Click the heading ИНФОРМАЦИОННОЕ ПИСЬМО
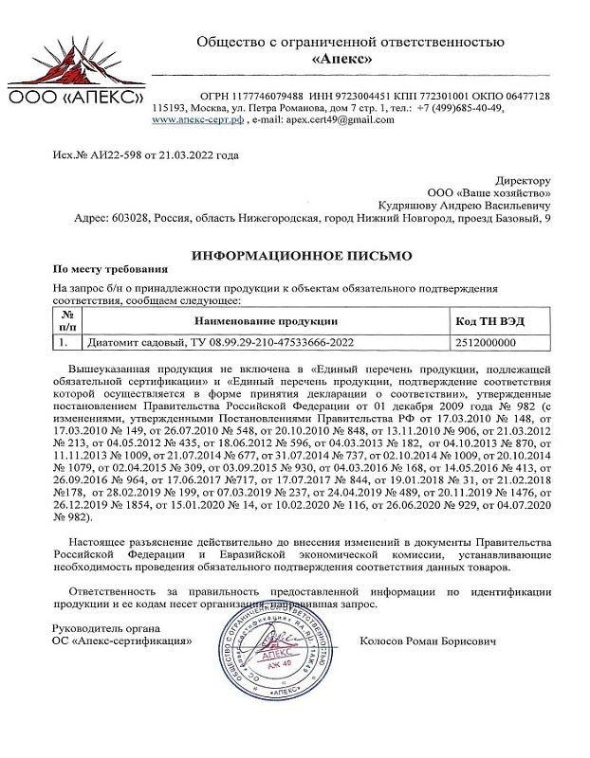(302, 256)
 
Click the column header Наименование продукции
(267, 322)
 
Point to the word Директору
(523, 179)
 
